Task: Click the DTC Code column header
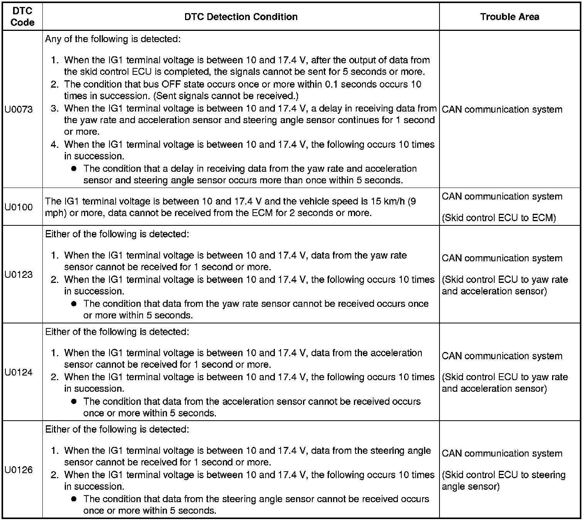coord(22,17)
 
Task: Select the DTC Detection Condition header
coord(241,17)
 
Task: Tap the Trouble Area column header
coord(509,17)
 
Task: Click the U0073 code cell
coord(19,110)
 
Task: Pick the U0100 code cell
coord(19,207)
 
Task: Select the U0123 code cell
coord(19,275)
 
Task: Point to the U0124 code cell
coord(19,372)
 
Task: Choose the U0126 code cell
coord(19,470)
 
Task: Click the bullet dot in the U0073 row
coord(74,169)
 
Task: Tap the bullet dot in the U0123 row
coord(74,304)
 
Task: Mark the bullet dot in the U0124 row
coord(74,401)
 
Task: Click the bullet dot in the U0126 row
coord(74,499)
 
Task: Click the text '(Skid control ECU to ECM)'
coord(498,218)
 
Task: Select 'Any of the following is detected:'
coord(113,39)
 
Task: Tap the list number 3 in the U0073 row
coord(54,109)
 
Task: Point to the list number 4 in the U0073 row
coord(54,145)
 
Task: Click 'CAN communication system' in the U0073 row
coord(502,110)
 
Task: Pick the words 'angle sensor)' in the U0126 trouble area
coord(470,487)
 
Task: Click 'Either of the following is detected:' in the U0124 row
coord(117,332)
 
